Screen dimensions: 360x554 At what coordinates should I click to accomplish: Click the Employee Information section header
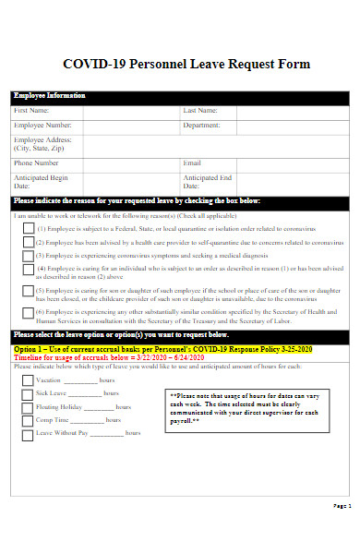(50, 96)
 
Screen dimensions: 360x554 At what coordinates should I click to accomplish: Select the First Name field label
(32, 111)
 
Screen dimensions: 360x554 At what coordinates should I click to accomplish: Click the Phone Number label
(37, 163)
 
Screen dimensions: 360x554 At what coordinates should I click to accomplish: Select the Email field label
(192, 163)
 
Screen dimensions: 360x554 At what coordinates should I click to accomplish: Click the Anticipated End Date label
(207, 182)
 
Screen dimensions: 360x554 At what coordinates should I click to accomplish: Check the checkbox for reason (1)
(28, 226)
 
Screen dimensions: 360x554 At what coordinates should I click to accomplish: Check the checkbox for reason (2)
(28, 240)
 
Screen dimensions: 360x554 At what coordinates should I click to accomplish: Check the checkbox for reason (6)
(28, 315)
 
